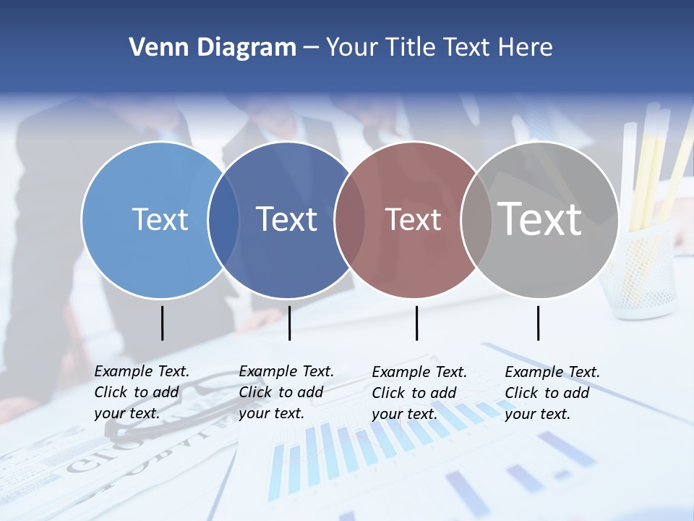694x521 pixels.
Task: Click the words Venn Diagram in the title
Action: (212, 48)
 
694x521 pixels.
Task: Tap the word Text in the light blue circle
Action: (160, 219)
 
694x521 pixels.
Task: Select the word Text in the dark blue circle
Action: (287, 219)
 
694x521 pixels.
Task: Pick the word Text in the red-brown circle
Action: (413, 219)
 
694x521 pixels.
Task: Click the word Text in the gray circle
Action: (540, 219)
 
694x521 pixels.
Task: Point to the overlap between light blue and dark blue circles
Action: (223, 220)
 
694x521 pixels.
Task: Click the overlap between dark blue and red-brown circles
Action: (350, 220)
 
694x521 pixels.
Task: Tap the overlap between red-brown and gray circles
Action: (476, 220)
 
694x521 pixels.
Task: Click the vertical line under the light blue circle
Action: (163, 323)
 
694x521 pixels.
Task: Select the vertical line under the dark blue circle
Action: (289, 323)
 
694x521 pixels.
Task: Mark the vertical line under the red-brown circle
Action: (416, 323)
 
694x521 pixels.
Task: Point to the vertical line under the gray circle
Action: (538, 323)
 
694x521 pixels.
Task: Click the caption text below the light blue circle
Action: (142, 392)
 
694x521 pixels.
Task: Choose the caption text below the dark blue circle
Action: (286, 392)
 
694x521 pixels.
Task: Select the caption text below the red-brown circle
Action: (419, 393)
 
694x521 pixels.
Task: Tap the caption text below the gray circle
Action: (552, 393)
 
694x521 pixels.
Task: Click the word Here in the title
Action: (526, 48)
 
